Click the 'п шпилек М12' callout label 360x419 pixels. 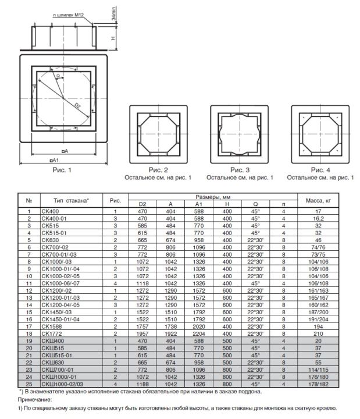(69, 15)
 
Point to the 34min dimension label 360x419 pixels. (114, 13)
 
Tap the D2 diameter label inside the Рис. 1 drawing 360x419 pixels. (77, 106)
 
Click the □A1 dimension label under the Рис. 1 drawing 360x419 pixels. (54, 160)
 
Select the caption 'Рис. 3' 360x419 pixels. (240, 170)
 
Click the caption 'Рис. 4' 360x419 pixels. (320, 170)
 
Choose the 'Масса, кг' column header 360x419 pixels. (318, 200)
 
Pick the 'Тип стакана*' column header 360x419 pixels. (71, 200)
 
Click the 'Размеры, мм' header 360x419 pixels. (213, 197)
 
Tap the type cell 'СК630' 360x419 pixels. (50, 240)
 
